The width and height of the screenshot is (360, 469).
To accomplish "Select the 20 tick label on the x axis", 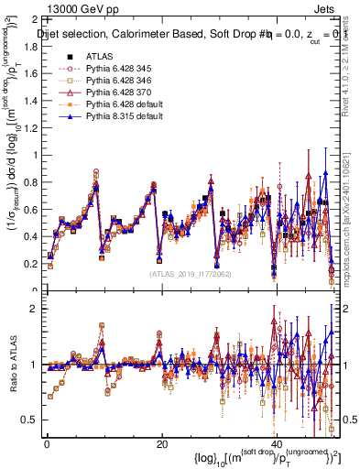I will (161, 444).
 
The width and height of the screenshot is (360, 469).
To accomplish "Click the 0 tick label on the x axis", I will (47, 444).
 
